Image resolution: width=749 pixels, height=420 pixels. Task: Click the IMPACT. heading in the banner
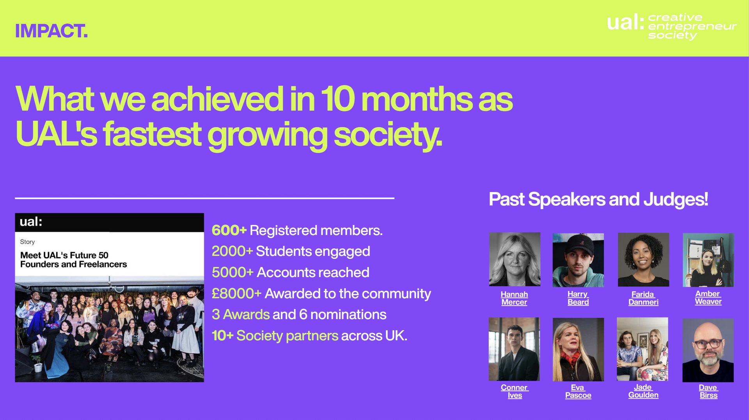click(x=51, y=31)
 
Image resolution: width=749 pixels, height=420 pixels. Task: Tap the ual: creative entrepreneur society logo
click(x=671, y=27)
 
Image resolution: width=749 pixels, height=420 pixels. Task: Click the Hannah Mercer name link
click(x=514, y=298)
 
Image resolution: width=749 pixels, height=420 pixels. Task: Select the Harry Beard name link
click(x=578, y=298)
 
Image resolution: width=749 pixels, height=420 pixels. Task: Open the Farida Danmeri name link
click(x=643, y=298)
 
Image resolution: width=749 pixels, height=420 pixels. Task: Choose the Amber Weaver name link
click(x=708, y=297)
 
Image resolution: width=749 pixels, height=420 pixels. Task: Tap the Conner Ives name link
click(x=515, y=391)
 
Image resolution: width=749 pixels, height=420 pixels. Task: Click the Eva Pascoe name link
click(x=578, y=391)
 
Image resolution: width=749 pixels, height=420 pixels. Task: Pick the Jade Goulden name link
click(x=643, y=391)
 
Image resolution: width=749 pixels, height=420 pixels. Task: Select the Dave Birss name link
click(x=708, y=391)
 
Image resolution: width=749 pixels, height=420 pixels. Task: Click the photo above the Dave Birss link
click(x=708, y=350)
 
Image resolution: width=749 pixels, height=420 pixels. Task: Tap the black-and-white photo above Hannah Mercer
click(x=515, y=259)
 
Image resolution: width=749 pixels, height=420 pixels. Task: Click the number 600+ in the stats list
click(x=229, y=230)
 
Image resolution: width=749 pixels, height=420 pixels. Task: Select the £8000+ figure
click(x=236, y=294)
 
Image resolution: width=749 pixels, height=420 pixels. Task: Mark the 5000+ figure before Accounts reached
click(x=233, y=272)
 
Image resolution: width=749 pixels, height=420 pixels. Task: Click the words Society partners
click(x=287, y=336)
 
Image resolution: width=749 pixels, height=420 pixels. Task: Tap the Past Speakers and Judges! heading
click(x=598, y=199)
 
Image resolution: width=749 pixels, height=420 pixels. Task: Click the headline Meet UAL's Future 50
click(x=64, y=255)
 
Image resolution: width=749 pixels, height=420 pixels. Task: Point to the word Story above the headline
click(x=27, y=242)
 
